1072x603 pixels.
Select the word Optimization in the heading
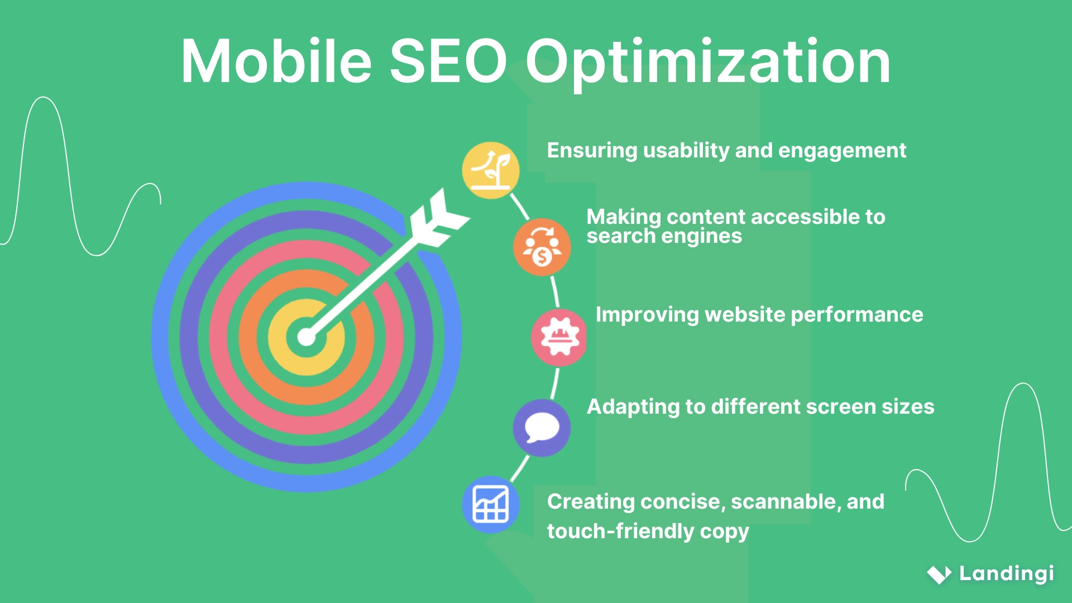(707, 63)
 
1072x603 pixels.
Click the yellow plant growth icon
(491, 170)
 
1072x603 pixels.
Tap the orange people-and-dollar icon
(542, 247)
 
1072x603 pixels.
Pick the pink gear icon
(559, 337)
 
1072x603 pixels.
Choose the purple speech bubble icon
(542, 428)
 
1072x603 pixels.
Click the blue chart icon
(491, 504)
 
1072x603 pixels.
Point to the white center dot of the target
(306, 337)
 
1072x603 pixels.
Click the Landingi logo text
(1006, 573)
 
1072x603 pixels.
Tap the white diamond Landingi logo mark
(939, 574)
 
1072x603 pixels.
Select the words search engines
(664, 237)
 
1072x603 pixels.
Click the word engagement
(842, 151)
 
